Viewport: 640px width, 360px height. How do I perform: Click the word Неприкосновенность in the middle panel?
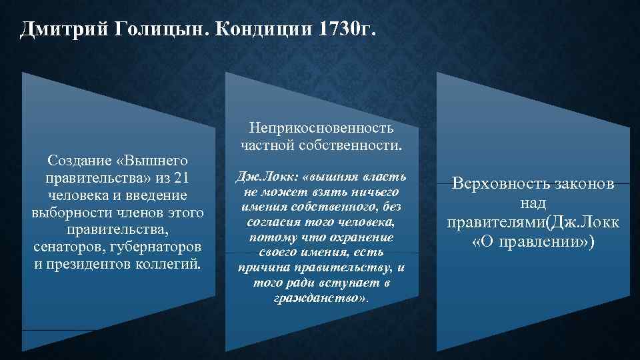[x=321, y=127]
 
